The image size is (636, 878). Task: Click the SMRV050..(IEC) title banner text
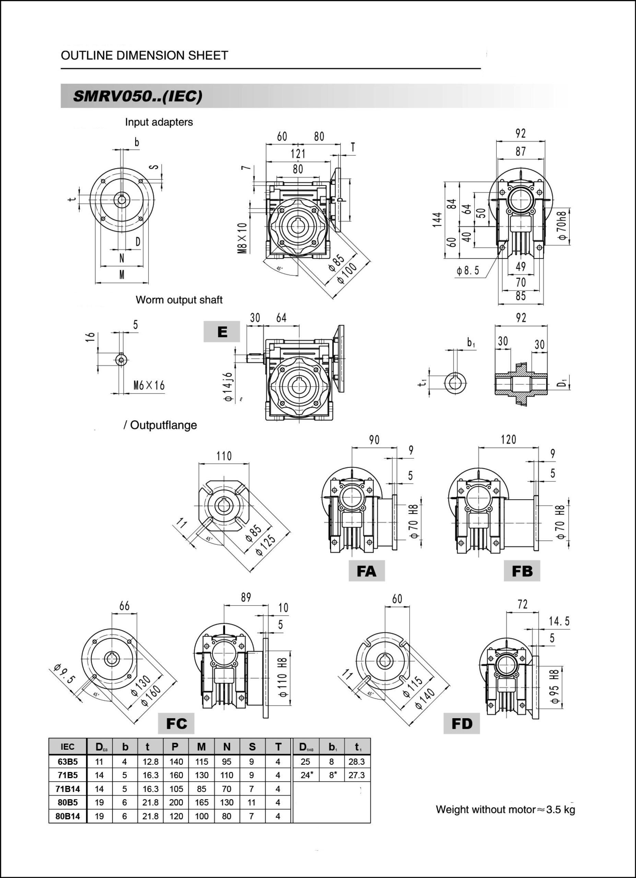[x=138, y=96]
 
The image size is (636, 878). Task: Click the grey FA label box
[x=366, y=571]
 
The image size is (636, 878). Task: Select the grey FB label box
[x=521, y=571]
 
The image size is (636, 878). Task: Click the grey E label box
[x=222, y=332]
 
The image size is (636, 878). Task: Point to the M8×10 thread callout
[x=242, y=238]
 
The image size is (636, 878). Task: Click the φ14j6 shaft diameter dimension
[x=228, y=387]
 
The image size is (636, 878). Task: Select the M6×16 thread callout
[x=149, y=385]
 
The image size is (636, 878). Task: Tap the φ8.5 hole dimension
[x=468, y=271]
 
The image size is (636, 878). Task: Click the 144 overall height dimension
[x=437, y=219]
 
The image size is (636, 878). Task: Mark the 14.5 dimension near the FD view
[x=559, y=621]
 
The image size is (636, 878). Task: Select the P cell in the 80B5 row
[x=176, y=803]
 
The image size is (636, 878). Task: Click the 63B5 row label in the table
[x=68, y=762]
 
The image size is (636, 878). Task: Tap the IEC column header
[x=68, y=747]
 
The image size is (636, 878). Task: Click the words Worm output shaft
[x=179, y=300]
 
